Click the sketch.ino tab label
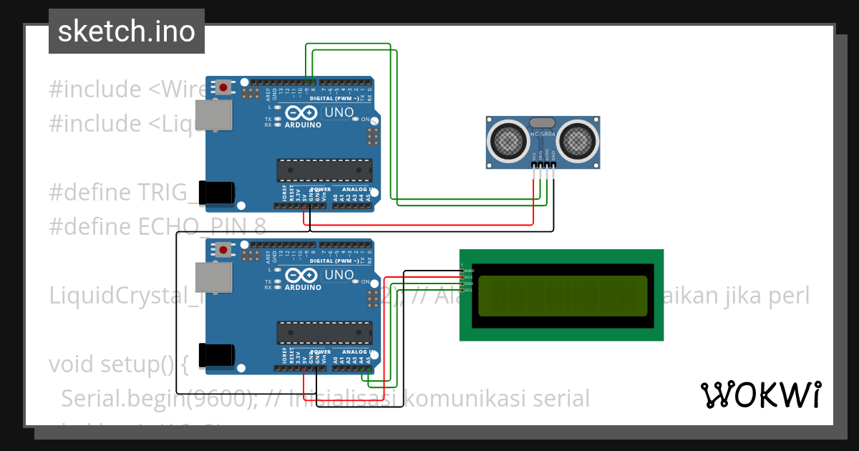click(126, 31)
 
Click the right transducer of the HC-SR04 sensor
click(578, 140)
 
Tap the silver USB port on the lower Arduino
click(214, 277)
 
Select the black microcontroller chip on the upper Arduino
click(325, 171)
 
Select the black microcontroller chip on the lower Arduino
click(325, 334)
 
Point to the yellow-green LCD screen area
click(563, 296)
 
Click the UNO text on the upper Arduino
click(339, 112)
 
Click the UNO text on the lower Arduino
click(339, 275)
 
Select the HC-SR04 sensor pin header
click(543, 165)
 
